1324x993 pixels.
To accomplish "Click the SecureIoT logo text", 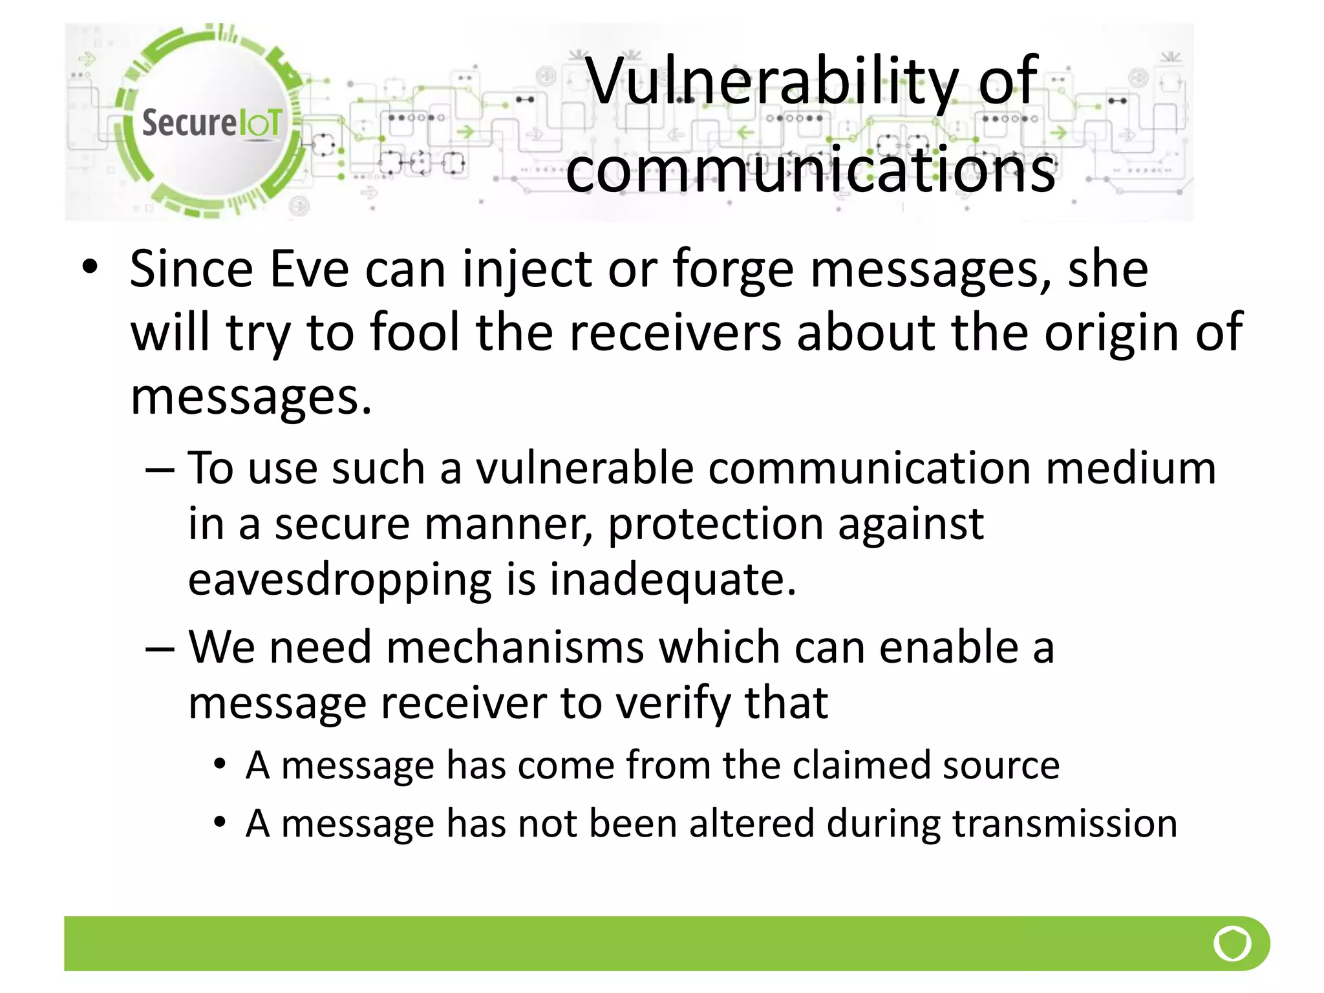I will tap(211, 122).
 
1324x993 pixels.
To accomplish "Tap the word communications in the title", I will tap(811, 169).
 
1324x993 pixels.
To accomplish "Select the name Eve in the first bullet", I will tap(309, 269).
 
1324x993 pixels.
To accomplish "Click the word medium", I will tap(1131, 468).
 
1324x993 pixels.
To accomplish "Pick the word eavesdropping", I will tap(340, 579).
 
